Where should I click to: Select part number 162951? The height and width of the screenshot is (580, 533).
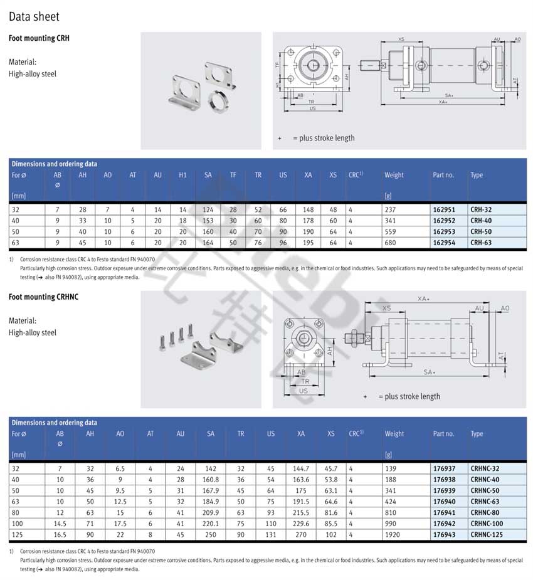pos(444,209)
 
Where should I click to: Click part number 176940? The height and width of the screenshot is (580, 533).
pos(444,501)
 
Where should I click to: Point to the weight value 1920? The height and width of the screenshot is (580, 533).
pos(393,535)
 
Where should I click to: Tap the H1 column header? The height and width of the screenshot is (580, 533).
pos(182,175)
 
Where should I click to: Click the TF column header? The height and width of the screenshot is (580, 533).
pos(233,175)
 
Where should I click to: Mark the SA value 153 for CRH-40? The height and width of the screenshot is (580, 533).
pos(208,220)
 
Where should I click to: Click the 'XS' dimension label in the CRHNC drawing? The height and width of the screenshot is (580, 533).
pos(386,308)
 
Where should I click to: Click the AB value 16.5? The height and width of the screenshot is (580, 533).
pos(60,535)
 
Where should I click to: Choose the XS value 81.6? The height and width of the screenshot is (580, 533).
pos(330,512)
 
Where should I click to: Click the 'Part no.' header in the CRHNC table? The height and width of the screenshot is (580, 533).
pos(443,434)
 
